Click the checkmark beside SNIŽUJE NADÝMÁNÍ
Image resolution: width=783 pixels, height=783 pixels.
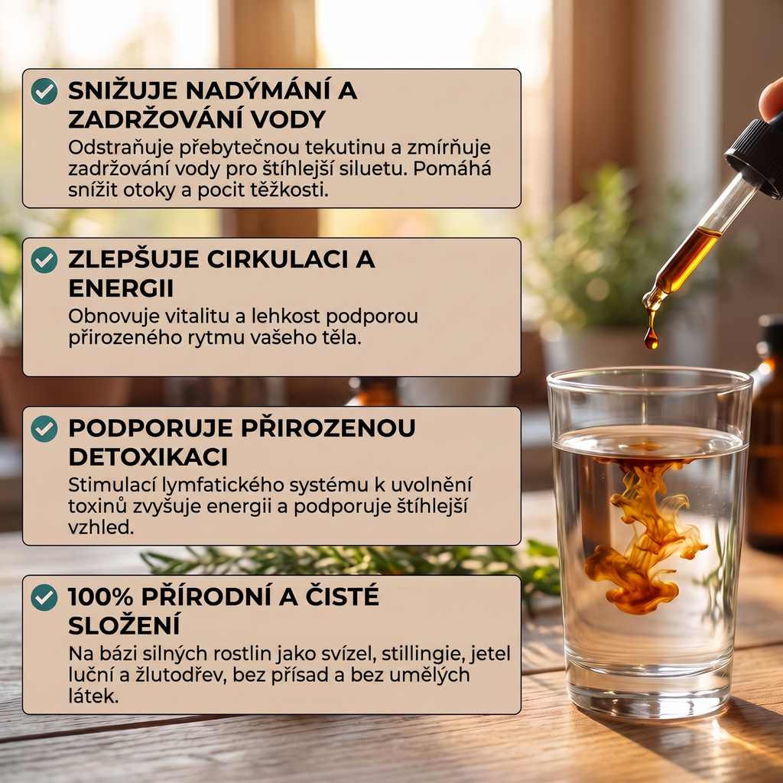(x=44, y=91)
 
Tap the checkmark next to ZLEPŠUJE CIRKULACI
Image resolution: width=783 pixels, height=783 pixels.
(x=44, y=260)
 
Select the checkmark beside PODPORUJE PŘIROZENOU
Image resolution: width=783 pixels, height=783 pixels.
(x=44, y=428)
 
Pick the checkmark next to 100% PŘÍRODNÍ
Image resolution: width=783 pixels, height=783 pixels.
(x=44, y=597)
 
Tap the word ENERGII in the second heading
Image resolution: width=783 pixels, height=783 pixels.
(x=121, y=288)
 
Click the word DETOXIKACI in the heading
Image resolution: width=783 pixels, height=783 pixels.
(x=148, y=457)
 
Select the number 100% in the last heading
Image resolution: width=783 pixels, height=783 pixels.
(x=100, y=596)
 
